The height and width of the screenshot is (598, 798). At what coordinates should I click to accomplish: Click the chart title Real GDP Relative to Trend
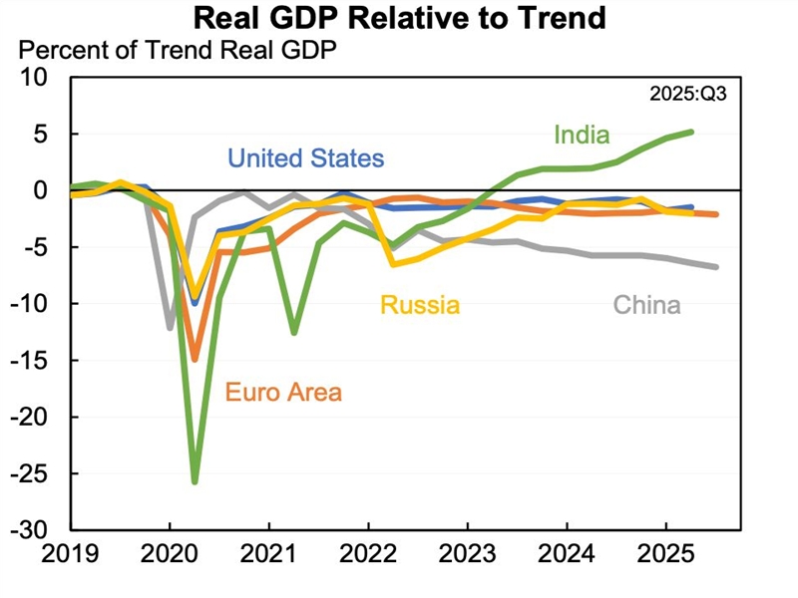(x=399, y=17)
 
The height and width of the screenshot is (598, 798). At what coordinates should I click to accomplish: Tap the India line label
(x=582, y=134)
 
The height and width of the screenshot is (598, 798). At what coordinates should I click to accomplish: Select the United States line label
(x=305, y=158)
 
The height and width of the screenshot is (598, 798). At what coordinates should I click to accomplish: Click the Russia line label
(x=418, y=305)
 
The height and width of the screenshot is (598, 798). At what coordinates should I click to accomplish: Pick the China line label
(x=646, y=305)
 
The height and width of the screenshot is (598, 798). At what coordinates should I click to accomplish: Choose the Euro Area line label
(x=283, y=392)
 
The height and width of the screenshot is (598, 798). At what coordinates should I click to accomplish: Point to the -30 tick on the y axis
(x=41, y=529)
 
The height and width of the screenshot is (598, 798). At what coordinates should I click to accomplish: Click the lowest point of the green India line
(x=195, y=481)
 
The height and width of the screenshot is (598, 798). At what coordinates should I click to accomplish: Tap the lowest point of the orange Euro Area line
(x=195, y=358)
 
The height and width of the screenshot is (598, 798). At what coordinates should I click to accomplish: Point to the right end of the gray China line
(x=716, y=266)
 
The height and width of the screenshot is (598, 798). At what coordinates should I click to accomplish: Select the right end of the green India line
(x=691, y=132)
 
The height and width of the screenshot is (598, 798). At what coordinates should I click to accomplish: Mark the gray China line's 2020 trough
(x=171, y=326)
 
